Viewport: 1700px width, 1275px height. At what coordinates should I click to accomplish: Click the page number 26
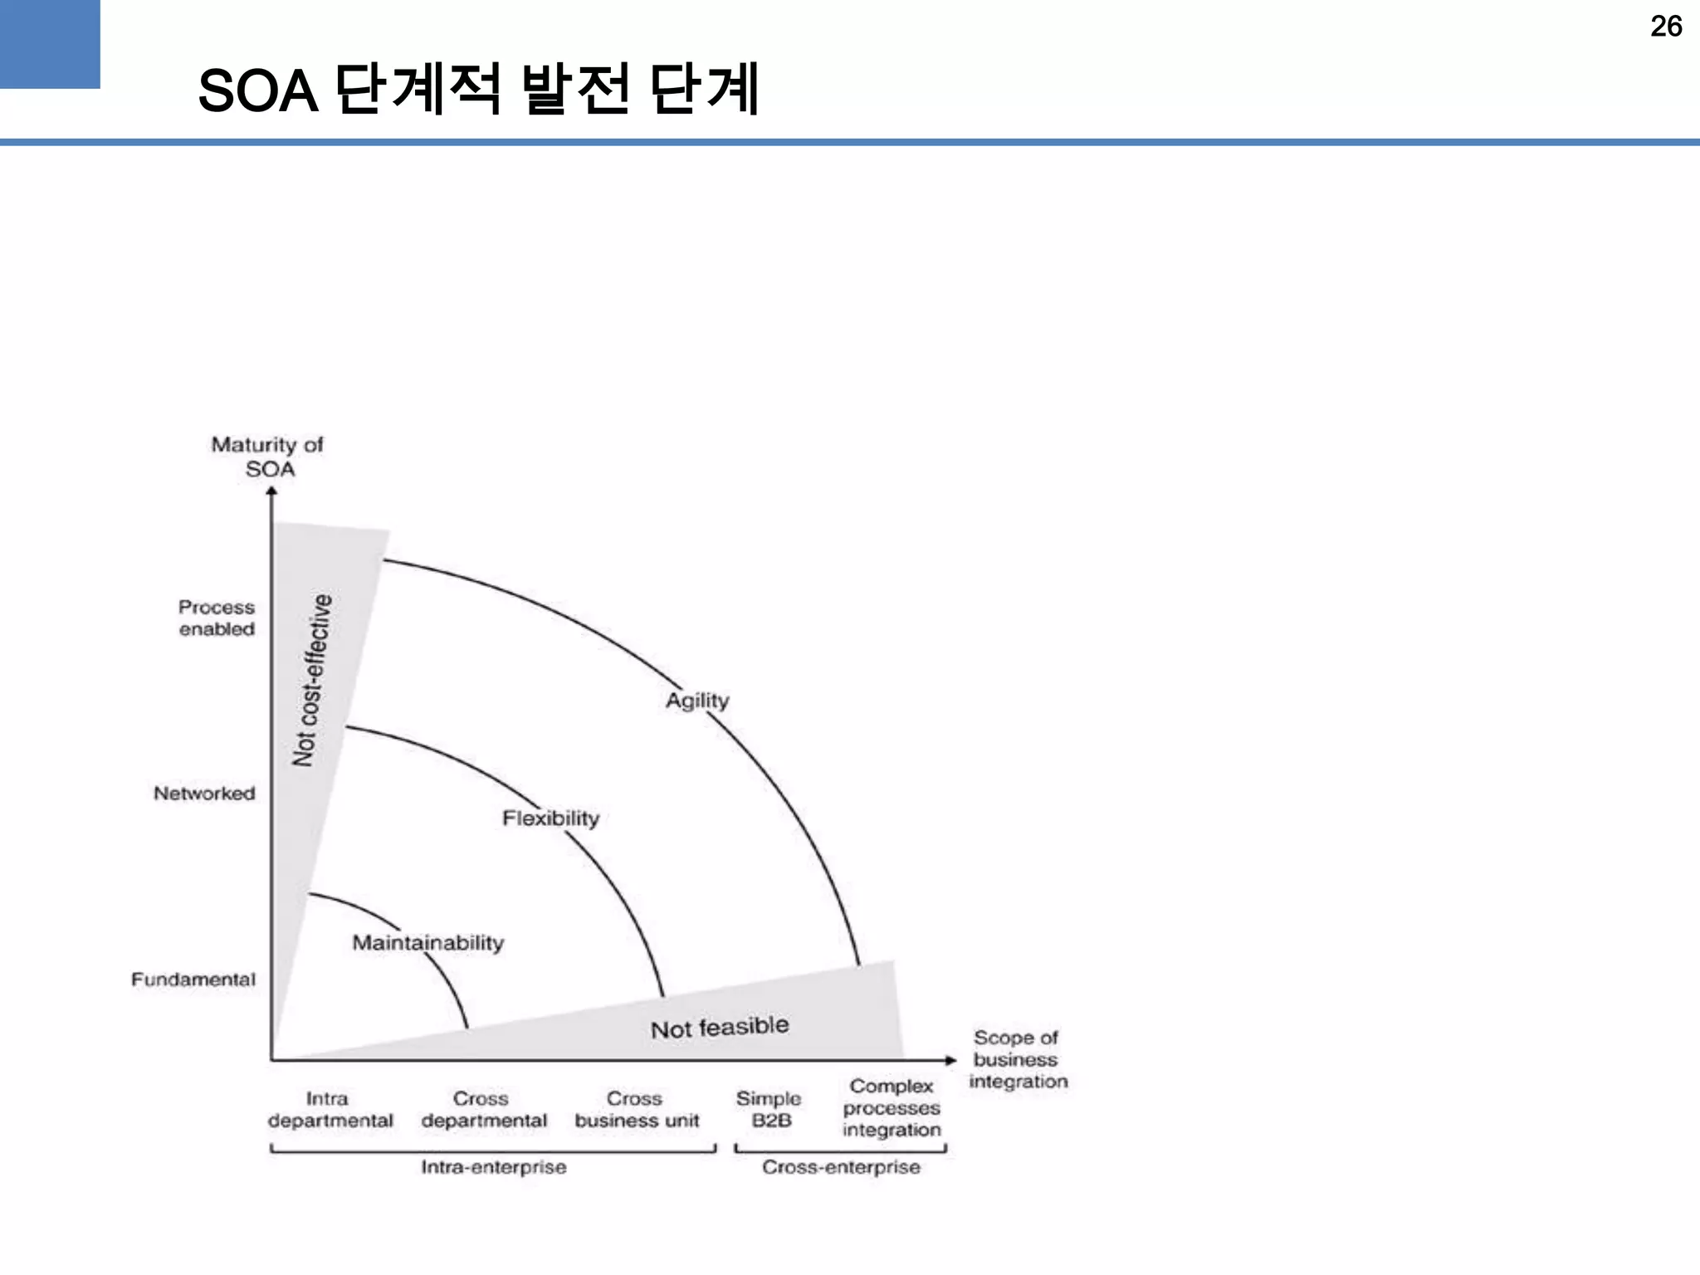coord(1666,27)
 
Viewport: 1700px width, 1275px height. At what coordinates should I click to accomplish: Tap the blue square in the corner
coord(50,43)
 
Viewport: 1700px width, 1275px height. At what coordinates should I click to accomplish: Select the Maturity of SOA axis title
coord(267,457)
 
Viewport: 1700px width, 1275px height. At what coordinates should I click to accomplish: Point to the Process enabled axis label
coord(217,618)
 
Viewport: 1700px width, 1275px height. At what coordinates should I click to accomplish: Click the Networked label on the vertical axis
coord(204,794)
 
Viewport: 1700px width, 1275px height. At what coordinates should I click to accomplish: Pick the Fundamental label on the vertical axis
coord(193,979)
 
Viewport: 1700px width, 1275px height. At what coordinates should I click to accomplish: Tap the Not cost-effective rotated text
coord(312,680)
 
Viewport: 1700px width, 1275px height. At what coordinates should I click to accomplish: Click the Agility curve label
coord(697,701)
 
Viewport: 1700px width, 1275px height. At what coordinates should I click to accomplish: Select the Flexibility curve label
coord(550,818)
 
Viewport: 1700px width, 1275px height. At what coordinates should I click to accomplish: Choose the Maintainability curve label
coord(428,943)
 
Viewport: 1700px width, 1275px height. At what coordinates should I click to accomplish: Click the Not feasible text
coord(719,1028)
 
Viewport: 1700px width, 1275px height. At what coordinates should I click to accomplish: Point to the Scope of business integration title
coord(1018,1059)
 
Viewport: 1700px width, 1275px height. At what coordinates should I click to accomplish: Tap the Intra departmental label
coord(330,1110)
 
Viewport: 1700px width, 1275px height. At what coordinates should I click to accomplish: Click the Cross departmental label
coord(484,1110)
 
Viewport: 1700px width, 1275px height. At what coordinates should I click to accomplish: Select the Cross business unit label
coord(637,1110)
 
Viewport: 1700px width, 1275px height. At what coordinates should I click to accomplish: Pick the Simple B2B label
coord(769,1110)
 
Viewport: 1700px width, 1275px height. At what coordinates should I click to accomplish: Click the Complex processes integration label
coord(892,1108)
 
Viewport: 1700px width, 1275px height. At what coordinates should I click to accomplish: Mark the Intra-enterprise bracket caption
coord(494,1167)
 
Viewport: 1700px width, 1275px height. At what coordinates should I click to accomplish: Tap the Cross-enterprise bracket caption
coord(841,1167)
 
